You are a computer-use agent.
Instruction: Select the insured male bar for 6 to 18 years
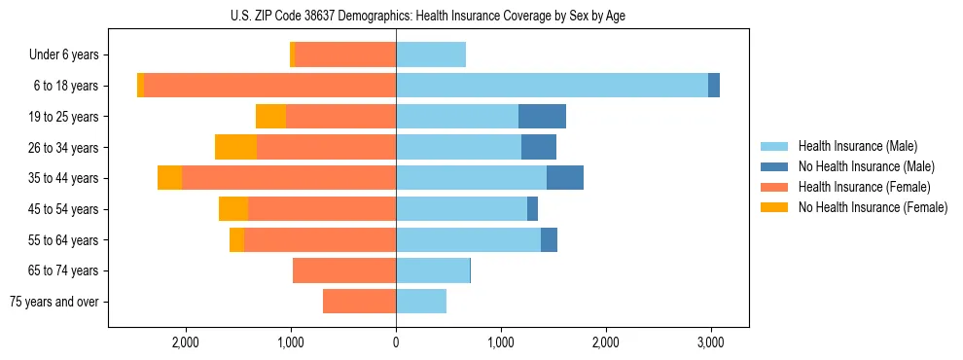(x=552, y=86)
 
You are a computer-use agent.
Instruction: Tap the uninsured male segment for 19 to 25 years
(x=542, y=117)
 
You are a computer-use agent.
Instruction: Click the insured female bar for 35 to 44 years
(x=289, y=178)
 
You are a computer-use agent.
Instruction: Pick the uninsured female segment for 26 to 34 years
(x=235, y=147)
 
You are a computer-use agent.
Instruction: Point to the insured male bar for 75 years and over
(x=421, y=302)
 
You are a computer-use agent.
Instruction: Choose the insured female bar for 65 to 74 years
(x=344, y=270)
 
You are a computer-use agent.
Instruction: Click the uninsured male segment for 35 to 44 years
(x=565, y=178)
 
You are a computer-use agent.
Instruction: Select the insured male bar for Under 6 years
(x=431, y=55)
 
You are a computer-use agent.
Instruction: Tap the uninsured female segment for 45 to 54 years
(x=233, y=209)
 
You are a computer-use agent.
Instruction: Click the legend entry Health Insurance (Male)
(x=857, y=146)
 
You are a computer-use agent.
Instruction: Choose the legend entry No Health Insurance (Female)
(x=873, y=207)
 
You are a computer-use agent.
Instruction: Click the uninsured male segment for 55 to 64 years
(x=549, y=240)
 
